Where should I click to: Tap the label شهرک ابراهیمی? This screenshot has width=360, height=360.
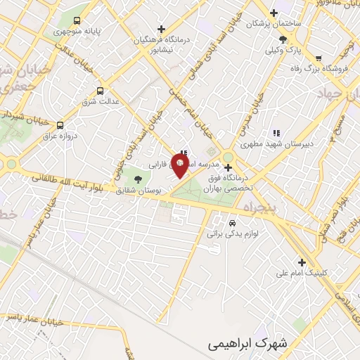click(249, 344)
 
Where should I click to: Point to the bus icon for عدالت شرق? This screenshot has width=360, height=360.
click(99, 91)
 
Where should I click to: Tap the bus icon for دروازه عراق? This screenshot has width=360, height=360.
click(60, 123)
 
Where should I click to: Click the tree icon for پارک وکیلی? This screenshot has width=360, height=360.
click(283, 39)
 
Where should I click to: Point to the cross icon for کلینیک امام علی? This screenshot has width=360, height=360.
click(302, 262)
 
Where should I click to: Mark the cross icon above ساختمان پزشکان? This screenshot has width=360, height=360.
click(274, 13)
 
